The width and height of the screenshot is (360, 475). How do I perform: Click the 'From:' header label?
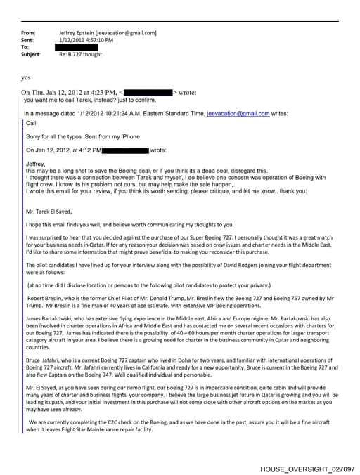point(28,33)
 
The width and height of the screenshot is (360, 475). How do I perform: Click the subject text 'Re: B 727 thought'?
point(83,54)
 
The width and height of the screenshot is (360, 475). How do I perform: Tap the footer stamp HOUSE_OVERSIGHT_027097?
point(307,467)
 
